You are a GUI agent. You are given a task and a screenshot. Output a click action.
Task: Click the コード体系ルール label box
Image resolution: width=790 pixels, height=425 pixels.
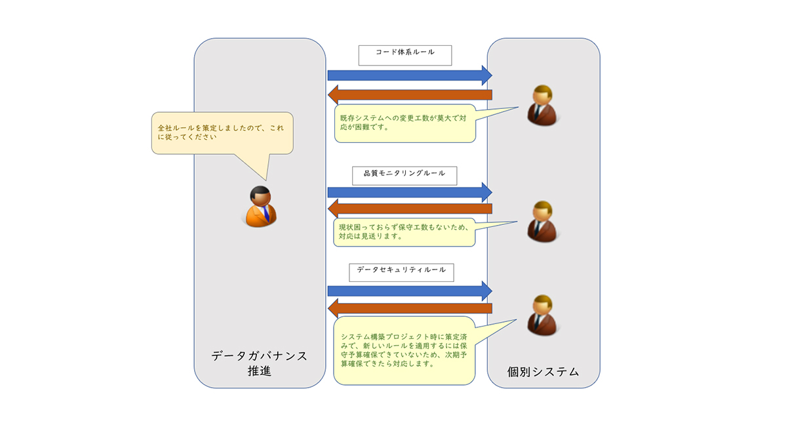pos(405,55)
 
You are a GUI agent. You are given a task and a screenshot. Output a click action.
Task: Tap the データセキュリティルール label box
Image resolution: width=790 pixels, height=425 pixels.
pos(401,271)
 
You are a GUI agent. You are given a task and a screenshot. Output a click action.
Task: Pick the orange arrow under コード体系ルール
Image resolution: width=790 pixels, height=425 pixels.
pos(410,95)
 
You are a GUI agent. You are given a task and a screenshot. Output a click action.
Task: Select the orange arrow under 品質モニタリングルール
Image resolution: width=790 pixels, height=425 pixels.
pos(410,210)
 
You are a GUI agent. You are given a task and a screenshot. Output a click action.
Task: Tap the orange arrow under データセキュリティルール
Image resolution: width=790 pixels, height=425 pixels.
pos(410,308)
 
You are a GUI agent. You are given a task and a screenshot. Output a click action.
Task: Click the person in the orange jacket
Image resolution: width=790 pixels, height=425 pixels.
pos(261,207)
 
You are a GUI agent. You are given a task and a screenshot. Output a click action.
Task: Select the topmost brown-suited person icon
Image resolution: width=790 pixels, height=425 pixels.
pos(542,106)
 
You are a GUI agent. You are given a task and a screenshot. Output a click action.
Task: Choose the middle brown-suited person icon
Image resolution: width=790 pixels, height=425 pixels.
pos(542,222)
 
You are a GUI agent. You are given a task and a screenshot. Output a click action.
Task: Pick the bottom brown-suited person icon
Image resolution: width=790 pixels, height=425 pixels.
pos(542,316)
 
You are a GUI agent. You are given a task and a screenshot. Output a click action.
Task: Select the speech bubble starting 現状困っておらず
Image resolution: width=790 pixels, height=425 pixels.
pos(403,232)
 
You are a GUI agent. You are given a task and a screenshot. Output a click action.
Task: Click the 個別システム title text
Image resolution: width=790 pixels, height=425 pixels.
pos(543,372)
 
